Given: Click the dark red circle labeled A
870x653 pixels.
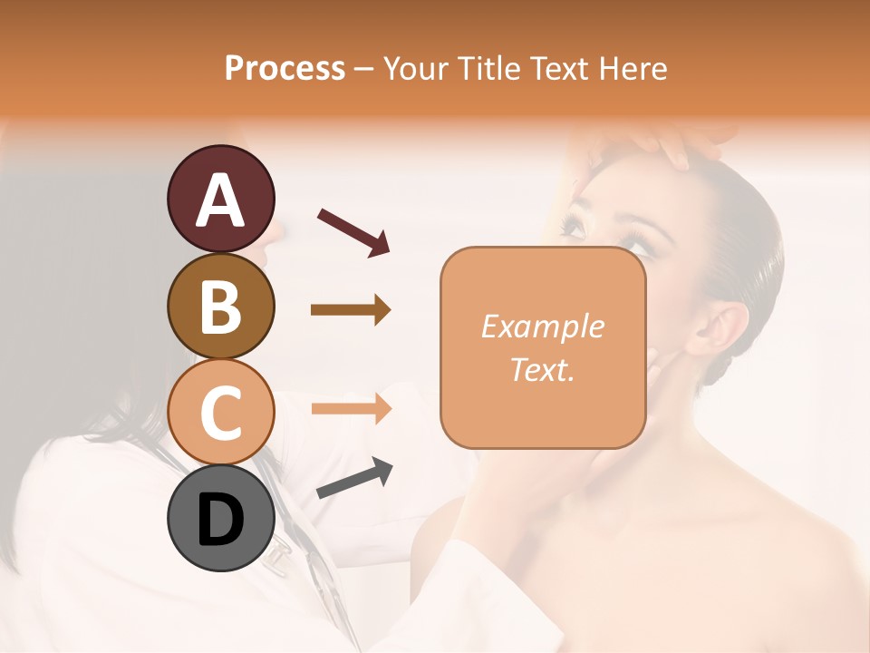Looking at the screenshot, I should click(x=220, y=200).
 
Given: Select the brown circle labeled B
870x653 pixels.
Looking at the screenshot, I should click(x=220, y=306).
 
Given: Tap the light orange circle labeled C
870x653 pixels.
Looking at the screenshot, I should click(x=220, y=412).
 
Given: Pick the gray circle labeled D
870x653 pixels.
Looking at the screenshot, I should click(x=220, y=518).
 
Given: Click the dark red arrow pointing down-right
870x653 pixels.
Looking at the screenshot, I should click(x=353, y=232).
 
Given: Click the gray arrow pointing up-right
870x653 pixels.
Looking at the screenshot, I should click(x=354, y=479).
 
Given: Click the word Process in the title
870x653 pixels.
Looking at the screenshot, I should click(x=285, y=68).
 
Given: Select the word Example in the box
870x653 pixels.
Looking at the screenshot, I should click(x=542, y=326).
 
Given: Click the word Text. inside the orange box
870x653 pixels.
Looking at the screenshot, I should click(x=542, y=369).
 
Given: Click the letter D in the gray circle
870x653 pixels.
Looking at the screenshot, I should click(x=220, y=520).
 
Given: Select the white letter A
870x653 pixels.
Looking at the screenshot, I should click(x=220, y=200).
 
